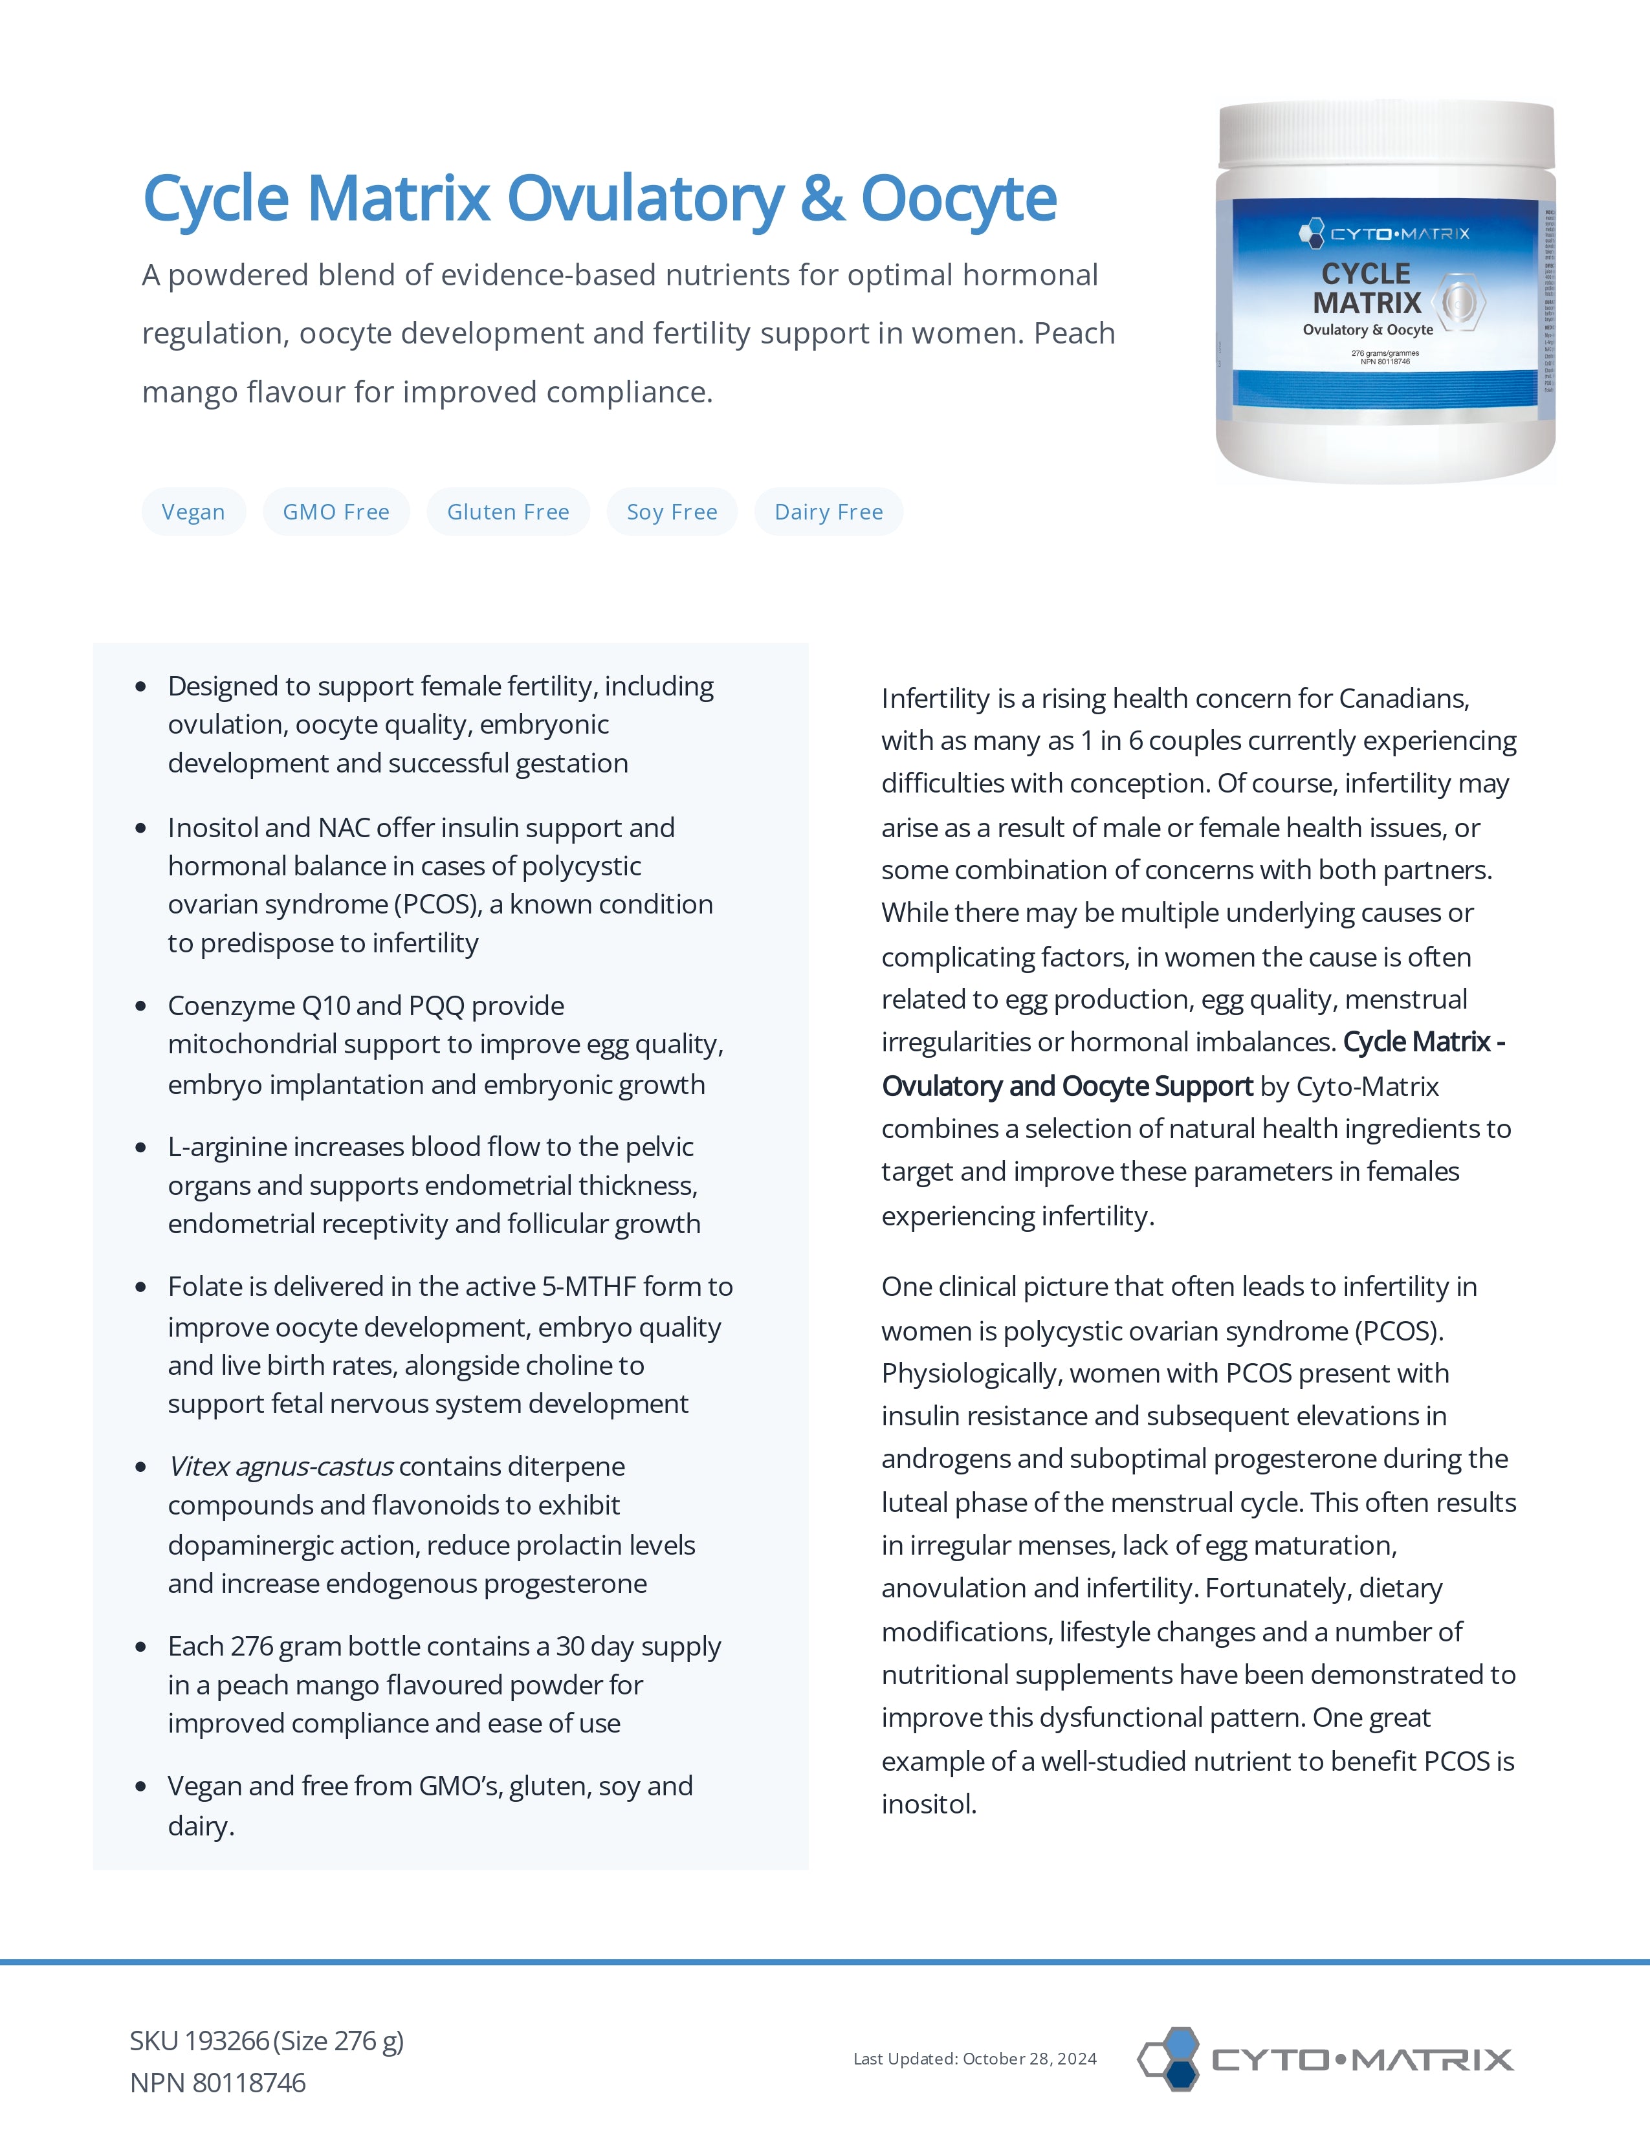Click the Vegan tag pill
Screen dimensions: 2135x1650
pos(193,512)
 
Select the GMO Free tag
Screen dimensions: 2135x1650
pos(336,512)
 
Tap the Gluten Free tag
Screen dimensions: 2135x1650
pos(509,512)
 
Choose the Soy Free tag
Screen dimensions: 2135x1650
pos(672,512)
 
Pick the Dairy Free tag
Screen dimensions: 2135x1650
pos(829,512)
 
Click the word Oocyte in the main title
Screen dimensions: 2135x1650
pos(958,199)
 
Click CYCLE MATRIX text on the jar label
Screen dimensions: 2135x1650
pos(1367,289)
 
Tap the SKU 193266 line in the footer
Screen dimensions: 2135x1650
pos(267,2041)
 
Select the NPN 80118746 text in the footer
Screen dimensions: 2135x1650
pos(218,2083)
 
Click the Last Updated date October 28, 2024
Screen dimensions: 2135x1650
pos(1029,2059)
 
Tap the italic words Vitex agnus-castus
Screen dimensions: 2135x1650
pos(281,1466)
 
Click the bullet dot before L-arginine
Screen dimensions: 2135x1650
pos(142,1148)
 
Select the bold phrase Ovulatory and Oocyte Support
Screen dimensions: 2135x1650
pos(1068,1086)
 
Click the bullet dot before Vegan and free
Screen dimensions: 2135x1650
pos(142,1787)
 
